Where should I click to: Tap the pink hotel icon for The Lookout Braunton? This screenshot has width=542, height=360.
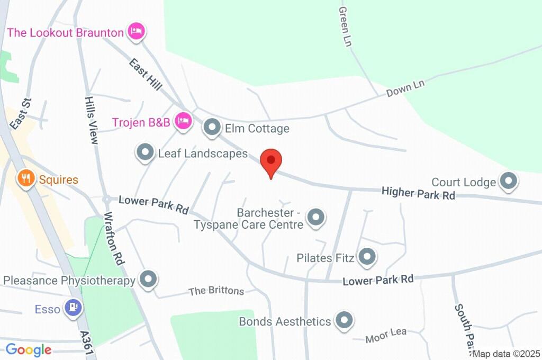click(x=137, y=31)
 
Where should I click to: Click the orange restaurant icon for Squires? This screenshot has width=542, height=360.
click(x=25, y=178)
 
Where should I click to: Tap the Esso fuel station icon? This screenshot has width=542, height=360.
click(x=73, y=308)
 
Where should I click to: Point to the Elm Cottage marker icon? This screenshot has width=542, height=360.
click(x=212, y=128)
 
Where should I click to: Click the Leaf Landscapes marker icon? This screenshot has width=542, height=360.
click(x=145, y=153)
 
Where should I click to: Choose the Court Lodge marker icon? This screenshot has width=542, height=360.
click(x=509, y=181)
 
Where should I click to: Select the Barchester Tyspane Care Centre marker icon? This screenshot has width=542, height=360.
click(x=316, y=217)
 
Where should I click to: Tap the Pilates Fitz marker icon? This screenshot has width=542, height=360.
click(x=366, y=258)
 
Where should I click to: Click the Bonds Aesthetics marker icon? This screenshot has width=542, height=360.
click(x=345, y=320)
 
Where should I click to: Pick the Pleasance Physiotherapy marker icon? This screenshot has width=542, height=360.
click(x=148, y=280)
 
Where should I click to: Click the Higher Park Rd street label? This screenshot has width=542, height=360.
click(x=418, y=193)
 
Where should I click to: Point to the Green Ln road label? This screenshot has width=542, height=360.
click(x=345, y=26)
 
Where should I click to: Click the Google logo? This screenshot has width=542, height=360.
click(x=29, y=349)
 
